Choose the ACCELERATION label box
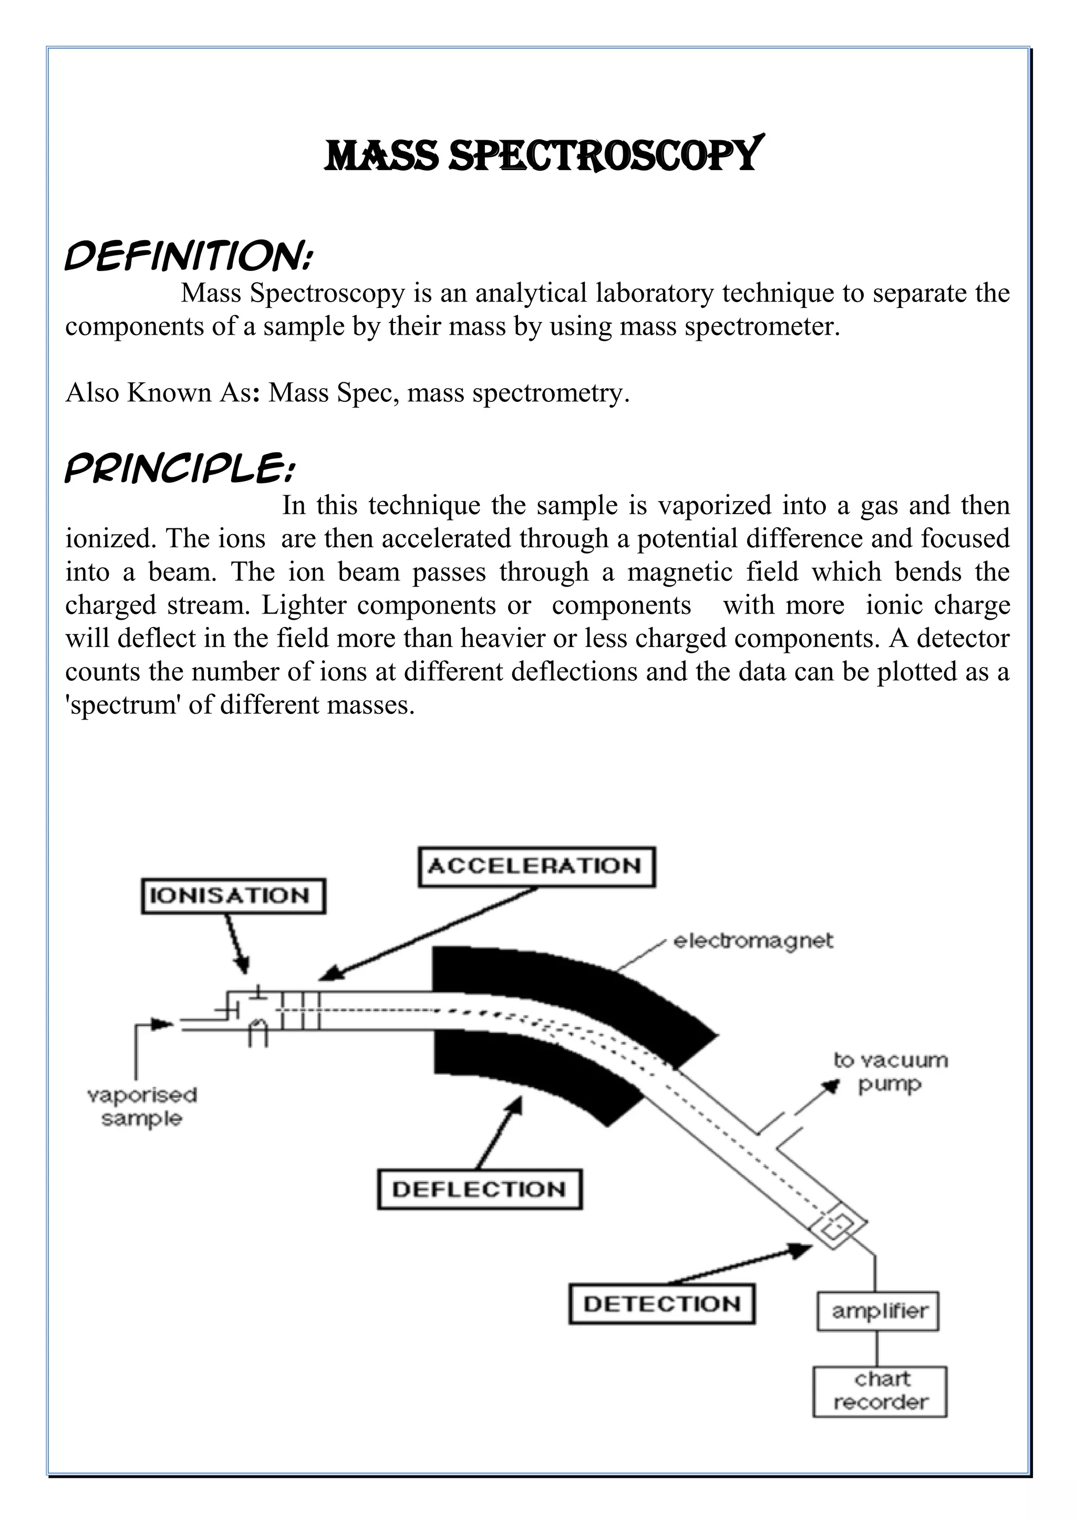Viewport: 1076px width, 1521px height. (536, 866)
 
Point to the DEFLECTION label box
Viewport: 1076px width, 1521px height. (479, 1189)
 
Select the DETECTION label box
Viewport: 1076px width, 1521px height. (661, 1304)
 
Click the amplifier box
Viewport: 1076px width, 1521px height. (878, 1310)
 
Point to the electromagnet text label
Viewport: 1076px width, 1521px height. (753, 941)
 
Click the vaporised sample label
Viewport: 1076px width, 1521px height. (142, 1106)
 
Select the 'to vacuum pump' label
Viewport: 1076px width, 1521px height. (890, 1072)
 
